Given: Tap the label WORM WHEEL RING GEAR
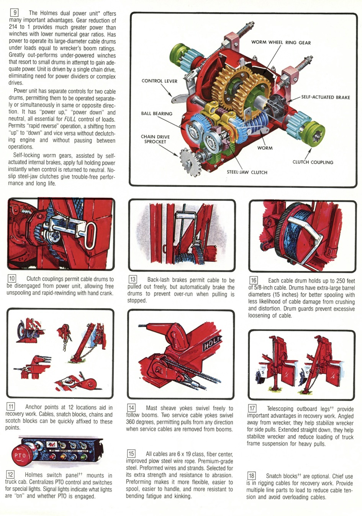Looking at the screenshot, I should click(x=281, y=43).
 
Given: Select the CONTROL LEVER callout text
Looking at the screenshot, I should click(x=159, y=81).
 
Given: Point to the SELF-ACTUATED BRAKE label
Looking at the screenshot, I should click(x=325, y=97).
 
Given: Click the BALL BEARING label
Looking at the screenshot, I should click(x=156, y=114).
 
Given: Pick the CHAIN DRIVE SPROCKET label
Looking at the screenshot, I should click(x=155, y=139).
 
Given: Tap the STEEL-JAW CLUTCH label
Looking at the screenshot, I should click(x=247, y=172).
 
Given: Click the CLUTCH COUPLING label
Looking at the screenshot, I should click(x=313, y=162).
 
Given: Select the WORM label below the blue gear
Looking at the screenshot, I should click(x=265, y=148).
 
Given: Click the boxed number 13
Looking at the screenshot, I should click(x=133, y=280).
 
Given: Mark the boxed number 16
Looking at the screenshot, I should click(x=253, y=280).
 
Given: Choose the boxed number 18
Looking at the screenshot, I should click(x=251, y=476).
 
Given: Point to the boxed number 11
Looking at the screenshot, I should click(x=11, y=407).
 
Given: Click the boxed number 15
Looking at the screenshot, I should click(x=131, y=454).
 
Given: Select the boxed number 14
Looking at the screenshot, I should click(x=131, y=408).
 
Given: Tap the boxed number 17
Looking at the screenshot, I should click(x=252, y=408).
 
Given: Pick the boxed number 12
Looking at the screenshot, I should click(x=10, y=475).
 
